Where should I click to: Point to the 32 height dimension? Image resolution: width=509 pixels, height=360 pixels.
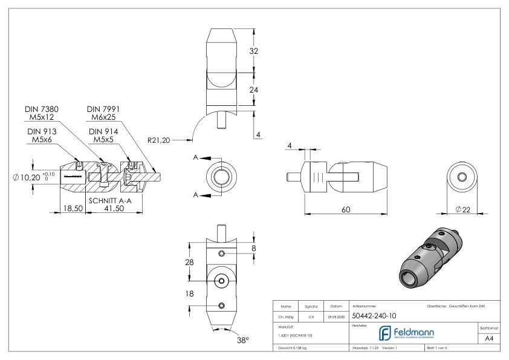254,51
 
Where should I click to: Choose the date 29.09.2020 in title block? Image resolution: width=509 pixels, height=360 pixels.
335,315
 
